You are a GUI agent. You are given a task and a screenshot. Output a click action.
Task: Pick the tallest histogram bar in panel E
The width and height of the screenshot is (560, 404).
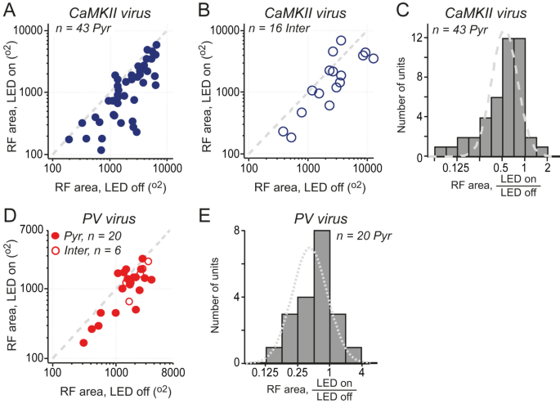(321, 296)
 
